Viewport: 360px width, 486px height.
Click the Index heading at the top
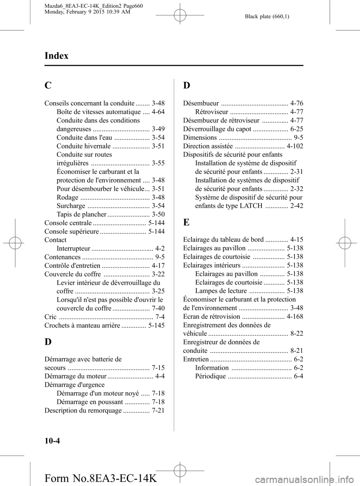point(56,56)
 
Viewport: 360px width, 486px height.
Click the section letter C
point(48,86)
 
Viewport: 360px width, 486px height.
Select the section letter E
point(186,222)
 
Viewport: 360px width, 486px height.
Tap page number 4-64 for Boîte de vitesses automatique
point(158,112)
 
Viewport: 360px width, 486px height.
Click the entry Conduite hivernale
point(84,146)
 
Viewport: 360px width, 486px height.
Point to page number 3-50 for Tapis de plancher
point(158,214)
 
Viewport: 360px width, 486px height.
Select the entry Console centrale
point(68,223)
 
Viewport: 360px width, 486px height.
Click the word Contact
point(55,240)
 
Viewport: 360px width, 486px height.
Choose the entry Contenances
point(62,257)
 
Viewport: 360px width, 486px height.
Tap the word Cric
point(50,317)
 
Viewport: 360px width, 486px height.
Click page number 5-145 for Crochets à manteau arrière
point(156,325)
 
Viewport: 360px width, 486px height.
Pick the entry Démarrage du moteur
point(75,376)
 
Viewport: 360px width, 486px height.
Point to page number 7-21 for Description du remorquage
point(158,410)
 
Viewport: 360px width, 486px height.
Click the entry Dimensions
point(200,138)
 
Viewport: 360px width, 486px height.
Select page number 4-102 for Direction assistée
point(295,146)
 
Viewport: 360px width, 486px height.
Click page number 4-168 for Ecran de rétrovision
point(295,316)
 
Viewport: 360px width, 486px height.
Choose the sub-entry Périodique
point(210,376)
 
